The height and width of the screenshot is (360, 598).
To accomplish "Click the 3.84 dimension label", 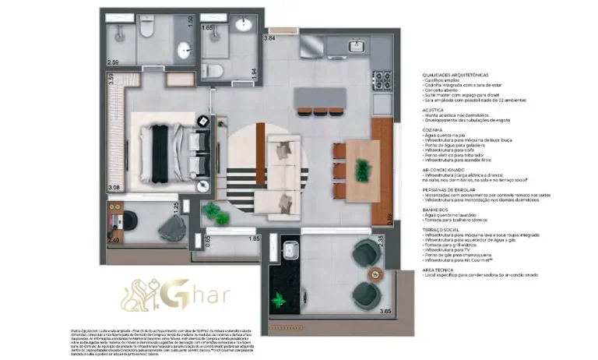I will click(270, 38).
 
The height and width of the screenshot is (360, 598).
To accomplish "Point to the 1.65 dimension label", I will click(207, 27).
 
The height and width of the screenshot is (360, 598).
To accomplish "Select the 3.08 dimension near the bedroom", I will click(114, 188).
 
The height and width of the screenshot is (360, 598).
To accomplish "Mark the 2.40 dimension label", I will click(114, 241).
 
